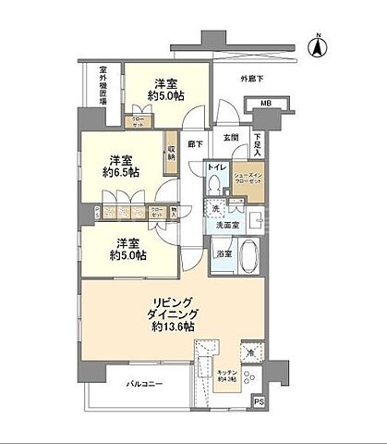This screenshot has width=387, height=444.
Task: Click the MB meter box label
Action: [x=265, y=104]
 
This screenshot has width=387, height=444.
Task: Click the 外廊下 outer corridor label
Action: [x=253, y=80]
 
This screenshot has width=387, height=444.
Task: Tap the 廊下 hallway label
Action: [x=195, y=143]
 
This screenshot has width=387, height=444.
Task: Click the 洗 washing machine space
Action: [x=216, y=210]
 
